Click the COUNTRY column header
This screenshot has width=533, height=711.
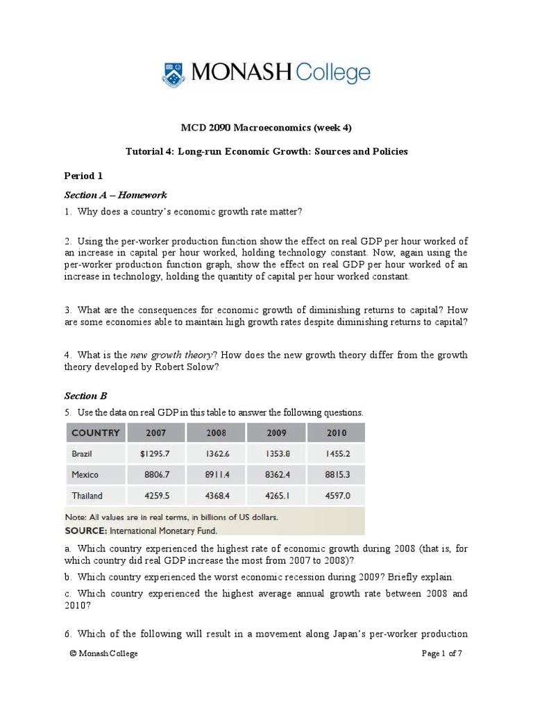coord(96,433)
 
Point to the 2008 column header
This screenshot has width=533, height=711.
coord(216,433)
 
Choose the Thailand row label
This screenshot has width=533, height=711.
coord(87,496)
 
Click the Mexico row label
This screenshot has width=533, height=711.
coord(85,475)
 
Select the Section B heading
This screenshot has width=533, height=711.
coord(86,396)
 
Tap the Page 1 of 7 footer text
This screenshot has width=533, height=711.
coord(443,653)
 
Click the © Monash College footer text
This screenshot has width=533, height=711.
coord(104,653)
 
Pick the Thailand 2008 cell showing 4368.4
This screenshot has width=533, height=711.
coord(216,496)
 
